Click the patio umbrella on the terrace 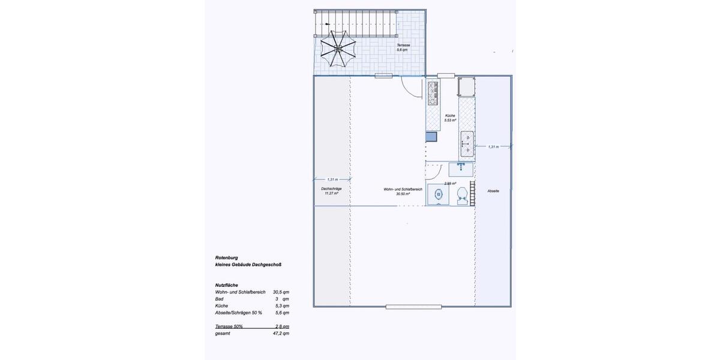tap(338, 49)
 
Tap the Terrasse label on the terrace tap(402, 47)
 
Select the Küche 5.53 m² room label tap(451, 118)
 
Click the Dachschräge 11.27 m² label tap(332, 191)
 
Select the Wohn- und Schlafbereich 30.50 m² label tap(403, 191)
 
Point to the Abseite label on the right tap(493, 191)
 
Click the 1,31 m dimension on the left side tap(332, 179)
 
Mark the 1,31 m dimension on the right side tap(493, 146)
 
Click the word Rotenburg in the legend tap(226, 257)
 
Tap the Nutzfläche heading tap(227, 284)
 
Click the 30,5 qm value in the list tap(281, 292)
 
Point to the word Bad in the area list tap(219, 298)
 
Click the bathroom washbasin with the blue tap tap(461, 166)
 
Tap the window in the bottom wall tap(413, 307)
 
